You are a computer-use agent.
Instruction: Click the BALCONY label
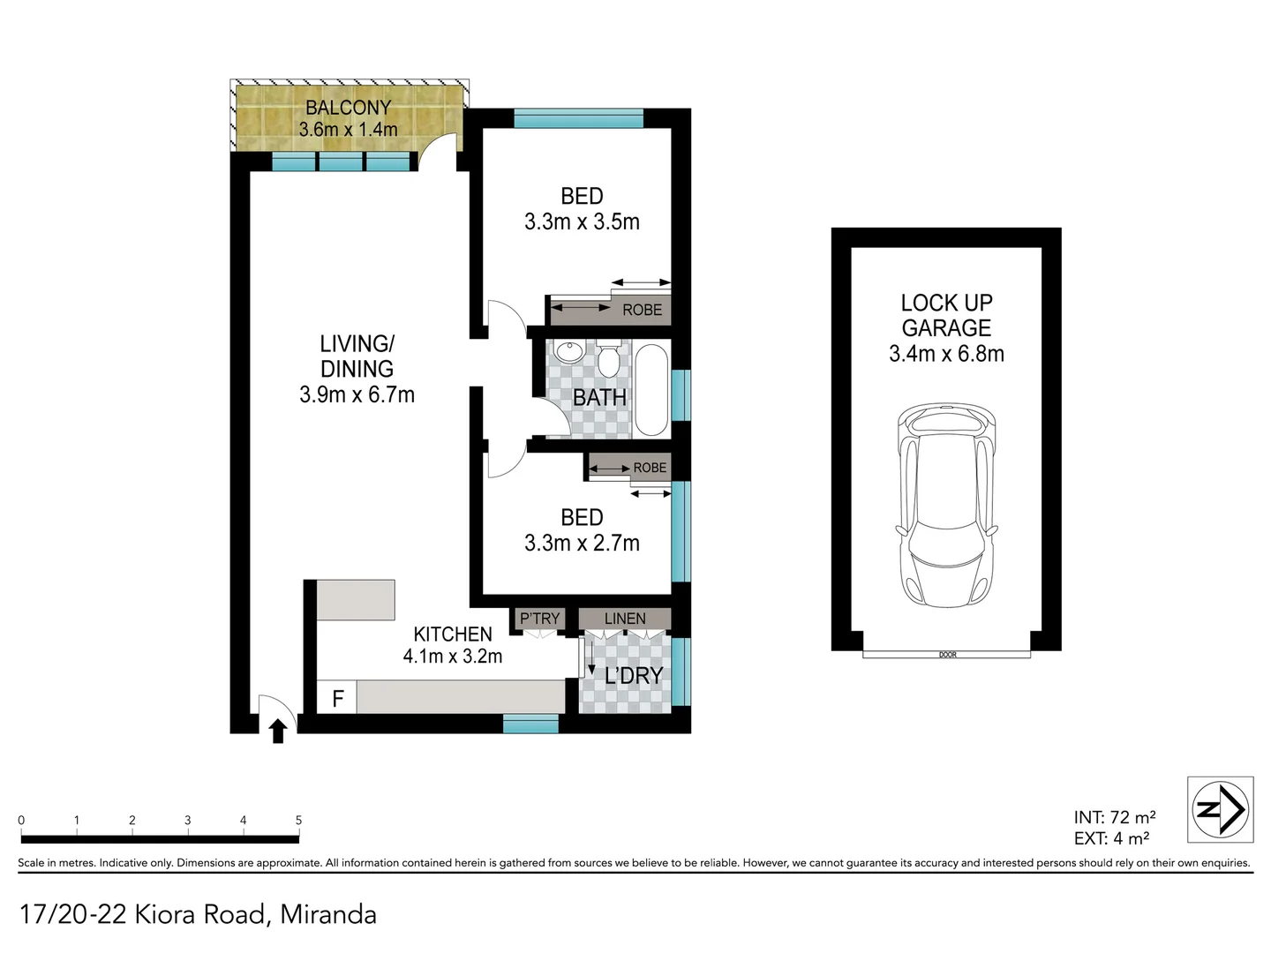(x=348, y=108)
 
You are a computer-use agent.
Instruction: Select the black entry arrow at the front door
(x=278, y=730)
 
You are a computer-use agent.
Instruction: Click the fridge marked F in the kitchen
(x=337, y=698)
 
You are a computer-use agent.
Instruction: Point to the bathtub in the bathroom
(x=651, y=390)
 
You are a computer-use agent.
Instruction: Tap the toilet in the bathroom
(x=608, y=358)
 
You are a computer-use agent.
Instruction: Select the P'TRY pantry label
(x=539, y=619)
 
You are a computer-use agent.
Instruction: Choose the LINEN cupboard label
(x=625, y=619)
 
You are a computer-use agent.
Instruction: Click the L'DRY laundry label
(x=633, y=676)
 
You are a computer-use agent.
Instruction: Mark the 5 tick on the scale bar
(x=298, y=821)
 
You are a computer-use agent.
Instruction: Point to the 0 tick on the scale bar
(x=21, y=821)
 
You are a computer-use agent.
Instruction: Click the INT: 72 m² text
(x=1114, y=817)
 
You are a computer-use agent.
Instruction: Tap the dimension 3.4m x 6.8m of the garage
(x=946, y=354)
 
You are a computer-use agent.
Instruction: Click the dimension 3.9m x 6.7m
(x=357, y=394)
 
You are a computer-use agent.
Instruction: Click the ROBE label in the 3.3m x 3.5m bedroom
(x=642, y=310)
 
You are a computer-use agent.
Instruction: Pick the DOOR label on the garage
(x=948, y=655)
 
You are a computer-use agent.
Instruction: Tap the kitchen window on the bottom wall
(x=530, y=724)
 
